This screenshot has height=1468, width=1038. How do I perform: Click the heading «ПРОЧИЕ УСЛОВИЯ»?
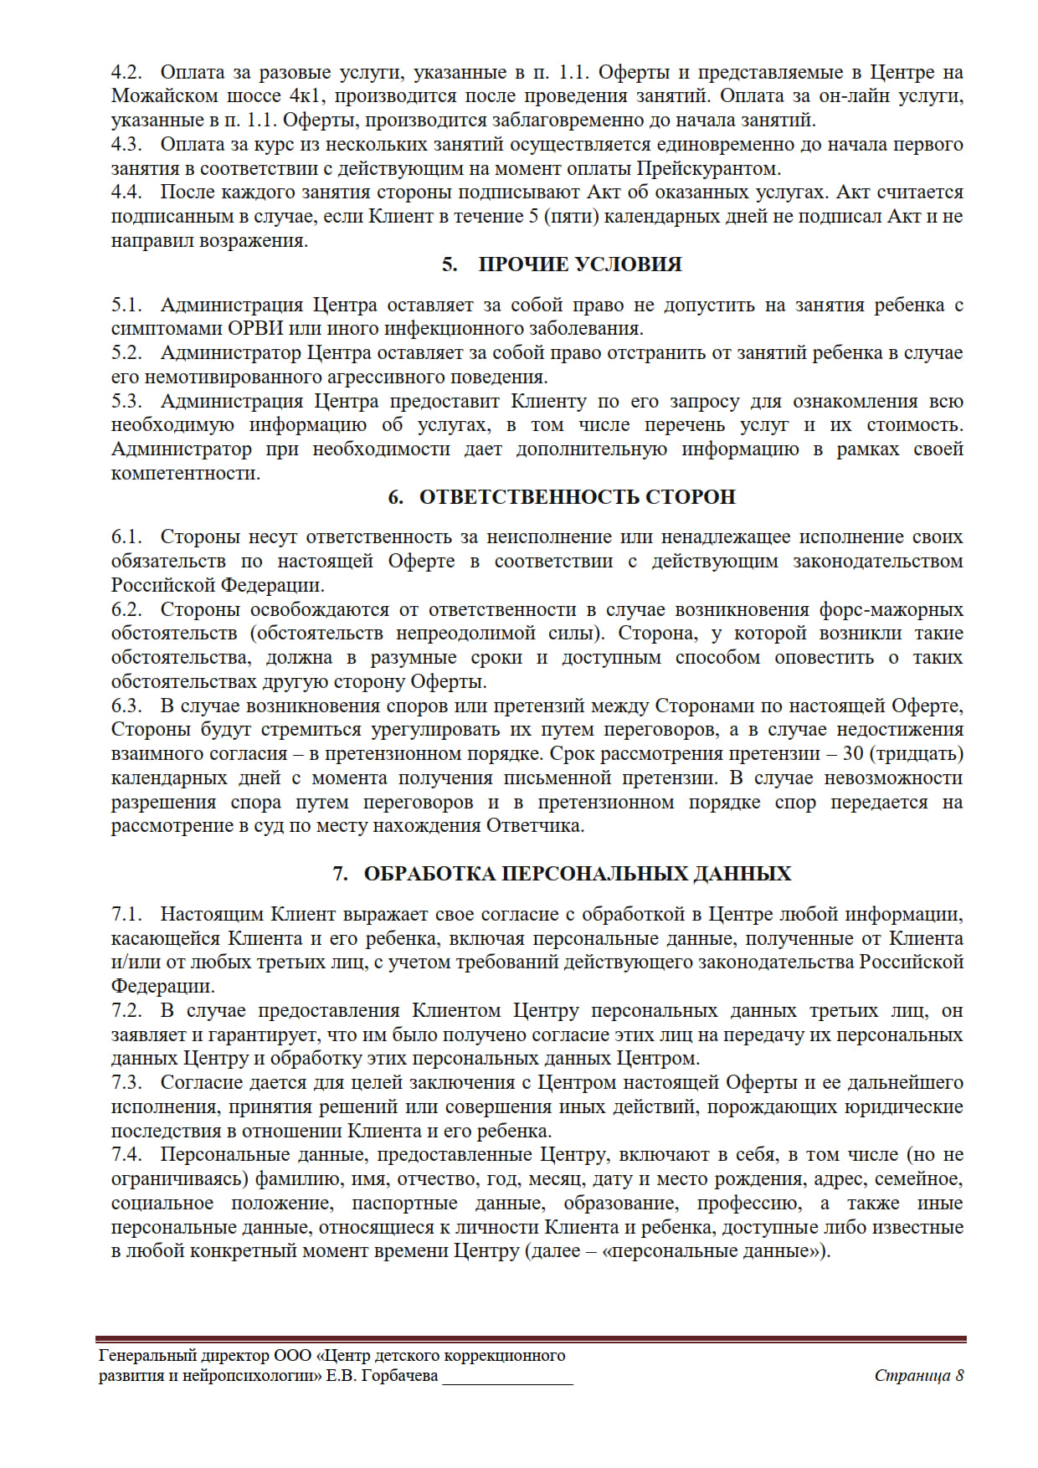579,264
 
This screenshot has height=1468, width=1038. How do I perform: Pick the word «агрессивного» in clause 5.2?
367,377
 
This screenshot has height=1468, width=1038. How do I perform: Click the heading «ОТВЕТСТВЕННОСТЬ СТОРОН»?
577,497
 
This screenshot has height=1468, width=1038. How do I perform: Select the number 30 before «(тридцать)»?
853,754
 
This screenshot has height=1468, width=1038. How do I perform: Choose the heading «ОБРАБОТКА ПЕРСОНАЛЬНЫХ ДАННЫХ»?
577,874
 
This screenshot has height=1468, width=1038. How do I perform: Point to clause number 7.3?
126,1083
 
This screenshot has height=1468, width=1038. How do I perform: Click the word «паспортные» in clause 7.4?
404,1204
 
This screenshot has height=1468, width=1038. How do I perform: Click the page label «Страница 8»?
918,1376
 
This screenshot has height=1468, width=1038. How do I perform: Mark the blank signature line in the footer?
507,1381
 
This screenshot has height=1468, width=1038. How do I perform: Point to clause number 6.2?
126,609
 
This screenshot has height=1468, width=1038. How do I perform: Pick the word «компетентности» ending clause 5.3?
184,474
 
